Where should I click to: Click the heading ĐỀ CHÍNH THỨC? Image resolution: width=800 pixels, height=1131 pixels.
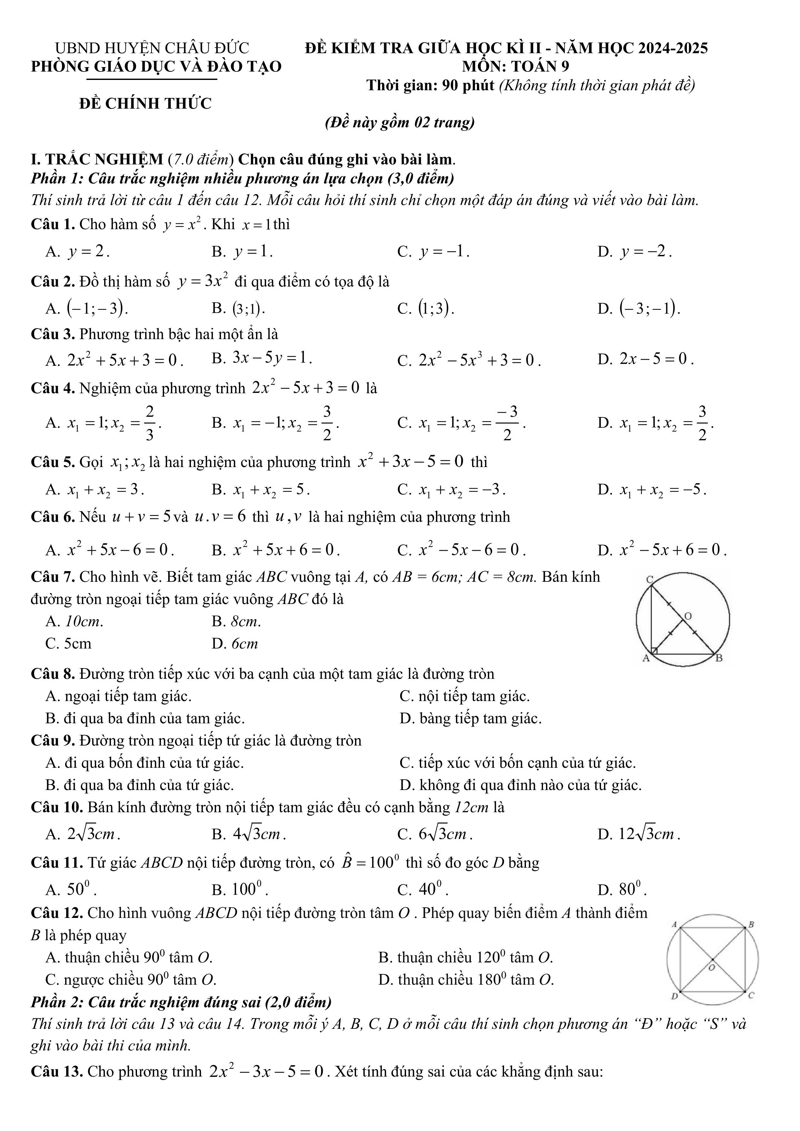tap(145, 103)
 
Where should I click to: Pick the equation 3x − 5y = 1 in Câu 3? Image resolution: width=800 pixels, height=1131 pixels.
tap(272, 358)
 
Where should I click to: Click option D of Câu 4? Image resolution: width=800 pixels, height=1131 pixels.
tap(667, 423)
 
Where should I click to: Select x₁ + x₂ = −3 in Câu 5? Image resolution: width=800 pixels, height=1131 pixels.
tap(462, 490)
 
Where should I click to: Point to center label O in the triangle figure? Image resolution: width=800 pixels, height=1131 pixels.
tap(688, 616)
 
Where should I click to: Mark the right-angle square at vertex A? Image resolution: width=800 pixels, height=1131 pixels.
tap(654, 651)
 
